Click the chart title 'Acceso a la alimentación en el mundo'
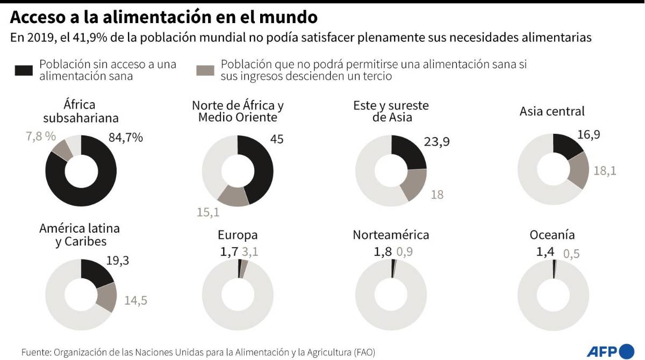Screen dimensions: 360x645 coord(163,17)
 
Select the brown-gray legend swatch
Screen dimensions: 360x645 coord(205,70)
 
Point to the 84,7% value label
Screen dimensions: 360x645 coord(125,138)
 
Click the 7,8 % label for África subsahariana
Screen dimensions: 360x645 coord(41,136)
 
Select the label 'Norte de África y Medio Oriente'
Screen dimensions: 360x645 coord(238,111)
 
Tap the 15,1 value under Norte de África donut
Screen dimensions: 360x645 coord(208,212)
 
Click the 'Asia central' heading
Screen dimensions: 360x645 coord(552,111)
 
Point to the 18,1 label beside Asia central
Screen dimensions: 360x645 coord(604,171)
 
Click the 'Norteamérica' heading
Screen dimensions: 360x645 coord(391,235)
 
